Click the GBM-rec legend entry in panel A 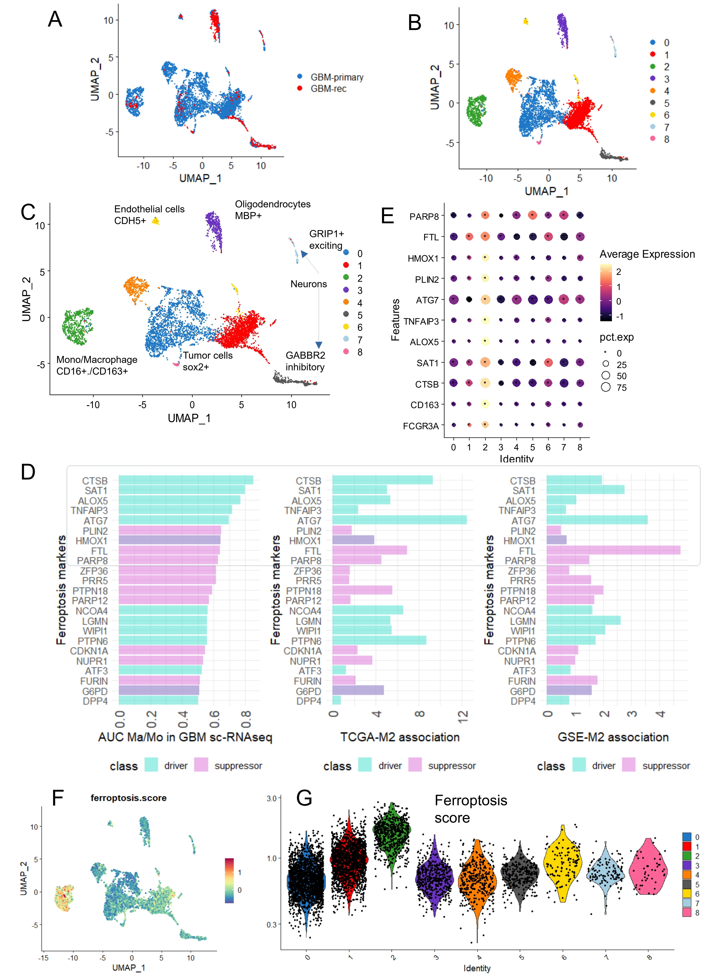pyautogui.click(x=323, y=88)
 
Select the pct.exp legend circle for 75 pyautogui.click(x=606, y=387)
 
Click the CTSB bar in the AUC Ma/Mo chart pyautogui.click(x=186, y=480)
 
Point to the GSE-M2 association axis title pyautogui.click(x=613, y=737)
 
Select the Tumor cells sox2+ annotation pyautogui.click(x=207, y=361)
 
